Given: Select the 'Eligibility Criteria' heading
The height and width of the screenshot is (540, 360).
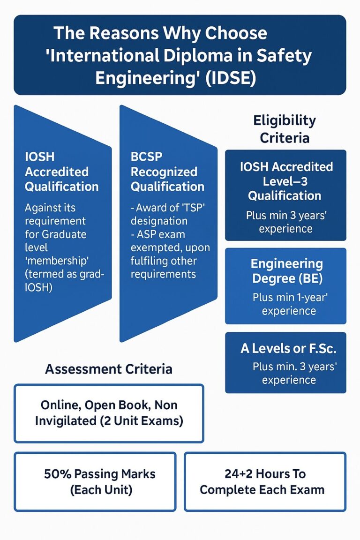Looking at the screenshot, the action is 285,129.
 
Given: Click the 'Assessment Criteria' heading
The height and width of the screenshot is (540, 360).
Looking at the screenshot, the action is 109,369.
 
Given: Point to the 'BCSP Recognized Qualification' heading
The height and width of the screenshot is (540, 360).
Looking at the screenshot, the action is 167,172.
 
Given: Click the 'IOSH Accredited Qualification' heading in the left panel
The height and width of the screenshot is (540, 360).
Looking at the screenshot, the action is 62,172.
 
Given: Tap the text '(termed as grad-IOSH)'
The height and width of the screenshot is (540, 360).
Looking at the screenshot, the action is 64,281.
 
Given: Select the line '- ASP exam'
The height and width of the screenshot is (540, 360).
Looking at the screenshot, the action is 158,234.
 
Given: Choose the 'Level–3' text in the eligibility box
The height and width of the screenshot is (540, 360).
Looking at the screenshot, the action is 285,181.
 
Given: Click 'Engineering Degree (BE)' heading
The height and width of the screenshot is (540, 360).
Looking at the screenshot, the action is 287,271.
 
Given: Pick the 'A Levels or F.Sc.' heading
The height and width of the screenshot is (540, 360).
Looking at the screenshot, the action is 288,349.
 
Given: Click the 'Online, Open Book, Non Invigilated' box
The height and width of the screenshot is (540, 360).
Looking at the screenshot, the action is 109,413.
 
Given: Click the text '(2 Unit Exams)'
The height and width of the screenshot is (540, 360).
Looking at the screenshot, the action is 141,421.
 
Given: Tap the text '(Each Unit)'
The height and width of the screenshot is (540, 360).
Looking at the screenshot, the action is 101,490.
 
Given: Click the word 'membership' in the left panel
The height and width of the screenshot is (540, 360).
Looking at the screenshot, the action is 57,261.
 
